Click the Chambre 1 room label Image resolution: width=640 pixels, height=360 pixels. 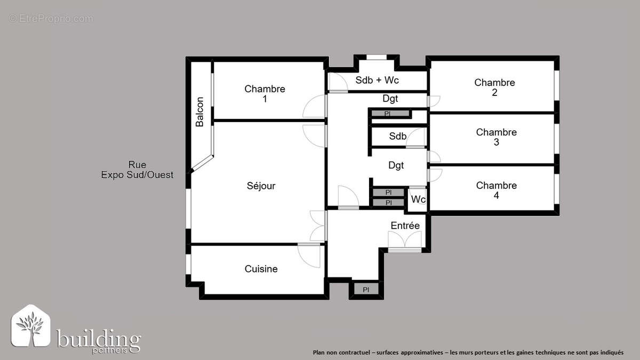(x=265, y=94)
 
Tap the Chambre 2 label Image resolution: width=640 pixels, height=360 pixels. (x=494, y=87)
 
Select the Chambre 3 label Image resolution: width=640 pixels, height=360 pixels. (x=496, y=137)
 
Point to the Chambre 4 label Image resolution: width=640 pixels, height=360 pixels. (x=496, y=190)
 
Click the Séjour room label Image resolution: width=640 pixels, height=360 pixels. (x=261, y=186)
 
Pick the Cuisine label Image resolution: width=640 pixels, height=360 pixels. (x=261, y=269)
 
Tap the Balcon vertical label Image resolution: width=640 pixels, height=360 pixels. (x=199, y=111)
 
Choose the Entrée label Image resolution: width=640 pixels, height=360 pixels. (x=405, y=226)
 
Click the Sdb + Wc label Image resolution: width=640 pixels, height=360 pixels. (x=377, y=81)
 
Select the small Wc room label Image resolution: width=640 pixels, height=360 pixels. (x=418, y=199)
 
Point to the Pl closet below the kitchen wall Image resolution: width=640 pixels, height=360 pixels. (x=366, y=290)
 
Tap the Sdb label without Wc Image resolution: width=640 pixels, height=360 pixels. (x=397, y=137)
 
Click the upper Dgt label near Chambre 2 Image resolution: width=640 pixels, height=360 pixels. (x=390, y=99)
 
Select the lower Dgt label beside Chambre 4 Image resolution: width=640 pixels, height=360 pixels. (x=396, y=165)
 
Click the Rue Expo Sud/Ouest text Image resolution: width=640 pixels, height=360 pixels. (x=137, y=170)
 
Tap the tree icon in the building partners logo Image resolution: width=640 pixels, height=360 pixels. (x=30, y=326)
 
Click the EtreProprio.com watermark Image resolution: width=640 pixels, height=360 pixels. (x=51, y=19)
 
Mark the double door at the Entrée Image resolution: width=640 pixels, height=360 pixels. (x=405, y=243)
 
